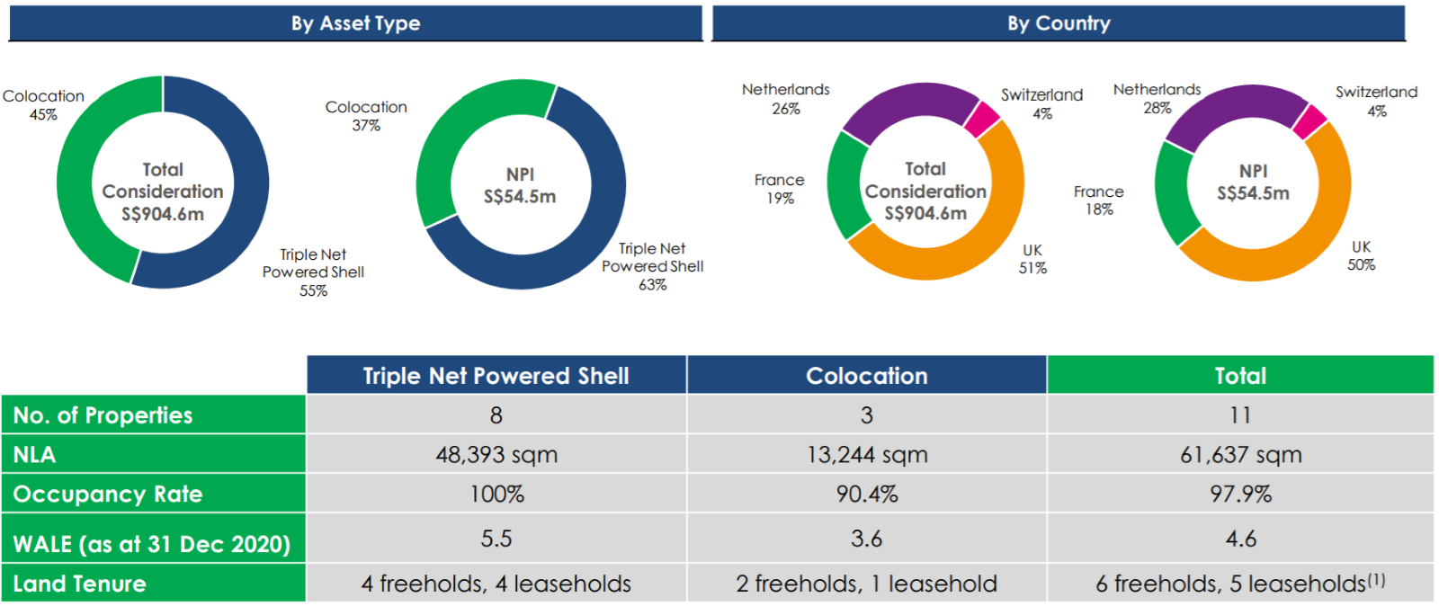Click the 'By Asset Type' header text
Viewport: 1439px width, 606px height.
point(355,23)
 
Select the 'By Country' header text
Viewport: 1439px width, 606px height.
point(1059,23)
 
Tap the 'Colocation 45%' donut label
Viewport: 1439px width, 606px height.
point(43,105)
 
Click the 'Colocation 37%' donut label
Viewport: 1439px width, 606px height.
point(366,116)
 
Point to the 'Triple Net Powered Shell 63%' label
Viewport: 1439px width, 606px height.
point(653,266)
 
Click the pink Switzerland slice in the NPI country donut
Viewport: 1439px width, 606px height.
point(1309,121)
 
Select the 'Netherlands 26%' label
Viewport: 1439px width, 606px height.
point(785,99)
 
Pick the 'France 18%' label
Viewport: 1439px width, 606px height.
point(1098,201)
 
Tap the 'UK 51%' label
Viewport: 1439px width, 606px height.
point(1032,259)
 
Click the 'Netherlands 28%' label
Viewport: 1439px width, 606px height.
point(1157,99)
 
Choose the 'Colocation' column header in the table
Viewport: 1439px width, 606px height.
point(866,376)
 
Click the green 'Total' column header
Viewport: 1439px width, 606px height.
point(1240,376)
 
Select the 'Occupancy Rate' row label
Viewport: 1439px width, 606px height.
point(108,495)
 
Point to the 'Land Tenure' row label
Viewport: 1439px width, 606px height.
point(79,584)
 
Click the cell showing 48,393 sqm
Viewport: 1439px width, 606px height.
point(496,455)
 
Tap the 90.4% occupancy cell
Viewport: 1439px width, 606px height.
point(866,495)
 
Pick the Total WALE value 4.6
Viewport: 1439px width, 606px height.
point(1240,539)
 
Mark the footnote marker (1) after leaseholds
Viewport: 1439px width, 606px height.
point(1376,580)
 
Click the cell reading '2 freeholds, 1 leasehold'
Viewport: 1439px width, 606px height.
point(866,584)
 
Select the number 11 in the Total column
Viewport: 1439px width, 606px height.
point(1240,415)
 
